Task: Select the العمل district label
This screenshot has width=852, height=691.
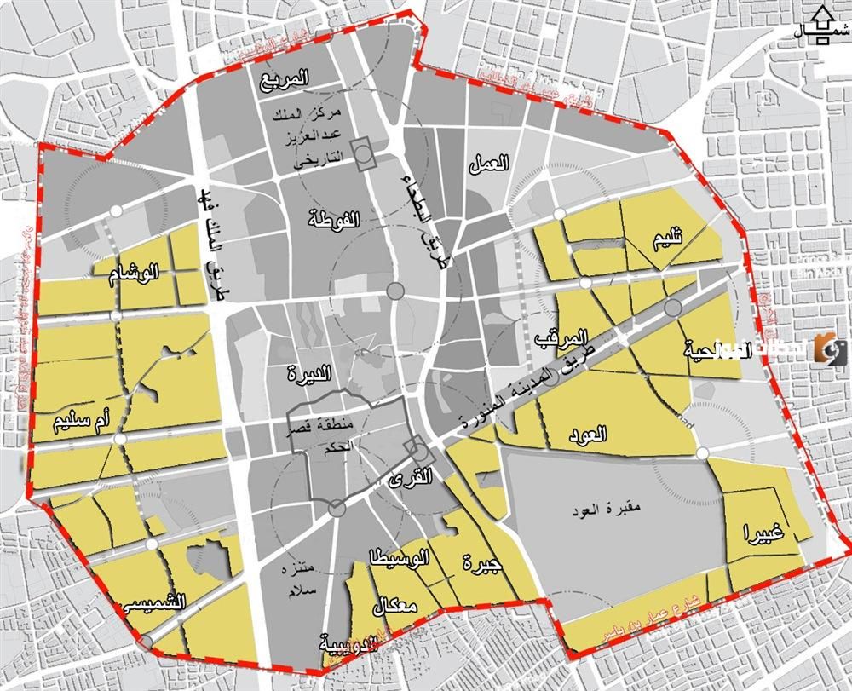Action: (488, 164)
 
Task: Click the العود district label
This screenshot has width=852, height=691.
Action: (587, 434)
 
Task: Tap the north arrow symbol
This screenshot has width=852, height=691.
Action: (822, 25)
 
